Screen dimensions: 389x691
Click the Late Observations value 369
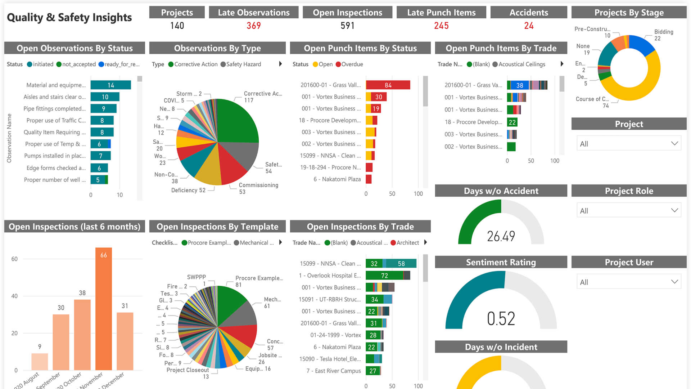pyautogui.click(x=253, y=26)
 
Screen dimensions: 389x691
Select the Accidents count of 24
pyautogui.click(x=528, y=26)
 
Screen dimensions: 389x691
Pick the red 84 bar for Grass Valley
pyautogui.click(x=388, y=85)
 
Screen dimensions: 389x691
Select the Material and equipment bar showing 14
pyautogui.click(x=110, y=85)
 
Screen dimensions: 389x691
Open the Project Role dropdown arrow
pyautogui.click(x=674, y=210)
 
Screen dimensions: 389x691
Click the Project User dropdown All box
pyautogui.click(x=628, y=282)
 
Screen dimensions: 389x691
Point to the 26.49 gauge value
pyautogui.click(x=501, y=236)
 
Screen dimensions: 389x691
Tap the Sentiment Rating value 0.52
pyautogui.click(x=501, y=319)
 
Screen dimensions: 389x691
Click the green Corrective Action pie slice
pyautogui.click(x=236, y=121)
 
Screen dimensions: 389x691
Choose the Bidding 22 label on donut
pyautogui.click(x=663, y=35)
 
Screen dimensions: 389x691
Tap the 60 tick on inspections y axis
pyautogui.click(x=14, y=259)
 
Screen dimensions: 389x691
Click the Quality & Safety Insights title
pyautogui.click(x=69, y=17)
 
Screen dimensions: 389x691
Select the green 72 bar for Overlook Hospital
pyautogui.click(x=384, y=276)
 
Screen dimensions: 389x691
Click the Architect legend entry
pyautogui.click(x=407, y=243)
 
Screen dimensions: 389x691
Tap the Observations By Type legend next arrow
pyautogui.click(x=280, y=64)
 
